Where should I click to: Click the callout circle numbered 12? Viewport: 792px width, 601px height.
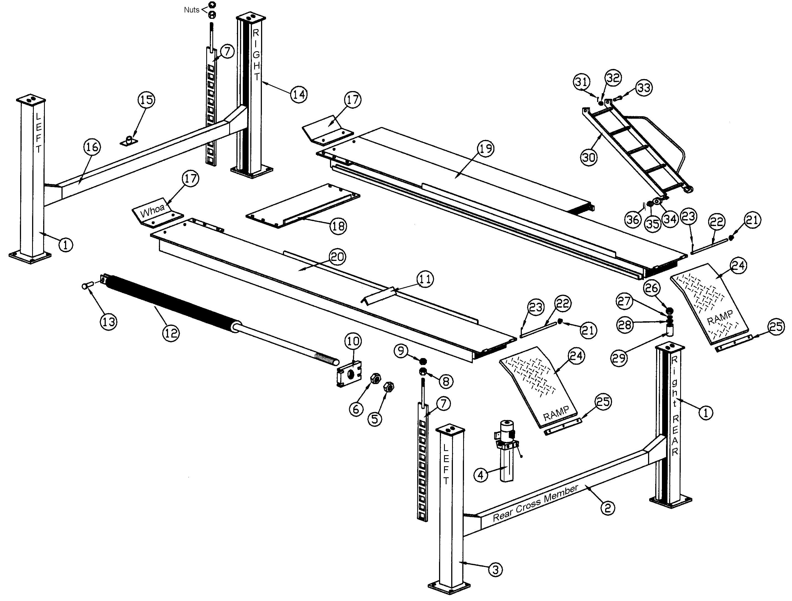click(x=171, y=333)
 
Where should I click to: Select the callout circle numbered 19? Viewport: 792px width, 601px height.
click(x=486, y=148)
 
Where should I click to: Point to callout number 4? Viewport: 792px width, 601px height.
click(x=481, y=475)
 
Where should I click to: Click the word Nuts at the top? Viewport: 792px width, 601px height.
click(x=191, y=10)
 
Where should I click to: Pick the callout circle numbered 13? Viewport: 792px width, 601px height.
click(x=109, y=322)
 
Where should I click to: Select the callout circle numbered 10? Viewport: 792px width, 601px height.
click(x=353, y=341)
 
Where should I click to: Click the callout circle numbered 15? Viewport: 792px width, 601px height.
click(x=146, y=100)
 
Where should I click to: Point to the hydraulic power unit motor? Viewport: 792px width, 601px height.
click(x=507, y=428)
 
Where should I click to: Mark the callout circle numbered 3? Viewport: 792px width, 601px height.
click(x=495, y=569)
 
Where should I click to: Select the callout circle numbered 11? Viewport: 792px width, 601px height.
click(x=425, y=279)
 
